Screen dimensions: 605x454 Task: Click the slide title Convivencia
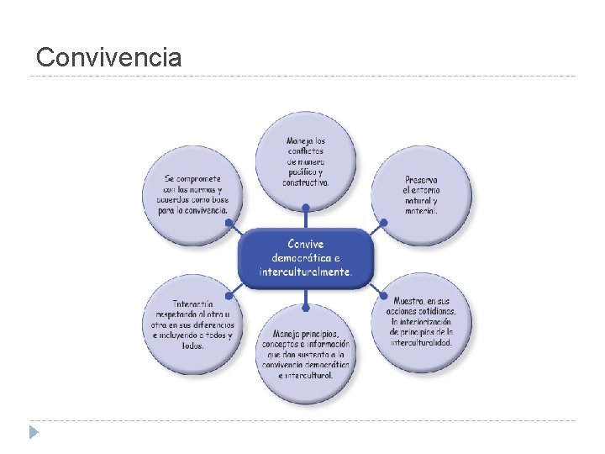pyautogui.click(x=108, y=57)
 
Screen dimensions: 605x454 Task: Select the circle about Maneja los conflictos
pyautogui.click(x=306, y=160)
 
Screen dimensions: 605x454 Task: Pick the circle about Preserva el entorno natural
pyautogui.click(x=421, y=195)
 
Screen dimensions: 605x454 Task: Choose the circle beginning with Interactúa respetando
pyautogui.click(x=192, y=324)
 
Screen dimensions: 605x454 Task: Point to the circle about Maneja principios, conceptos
pyautogui.click(x=306, y=354)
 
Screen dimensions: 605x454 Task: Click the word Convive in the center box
pyautogui.click(x=305, y=244)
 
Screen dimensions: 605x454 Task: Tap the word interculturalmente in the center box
pyautogui.click(x=304, y=272)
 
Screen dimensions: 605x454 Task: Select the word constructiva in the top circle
pyautogui.click(x=305, y=182)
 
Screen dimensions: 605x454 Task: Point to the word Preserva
pyautogui.click(x=421, y=180)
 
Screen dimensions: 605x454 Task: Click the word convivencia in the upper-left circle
pyautogui.click(x=204, y=210)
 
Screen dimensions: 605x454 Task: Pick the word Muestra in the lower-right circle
pyautogui.click(x=408, y=299)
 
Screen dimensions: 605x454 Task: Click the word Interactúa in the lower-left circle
pyautogui.click(x=193, y=303)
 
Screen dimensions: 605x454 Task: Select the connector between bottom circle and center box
pyautogui.click(x=305, y=297)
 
